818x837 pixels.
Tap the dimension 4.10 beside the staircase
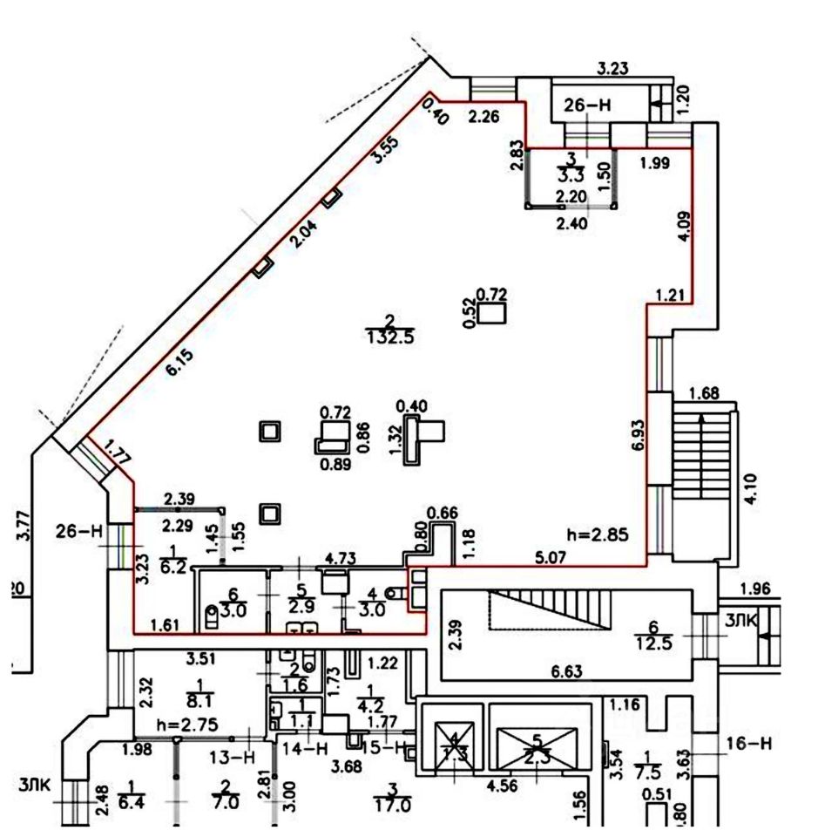750,488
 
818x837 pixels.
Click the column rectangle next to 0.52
493,312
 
